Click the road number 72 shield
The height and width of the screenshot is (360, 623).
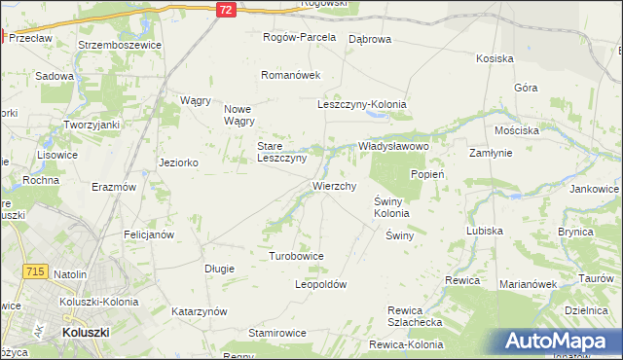pos(226,9)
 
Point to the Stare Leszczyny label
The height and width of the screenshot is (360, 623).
pos(282,152)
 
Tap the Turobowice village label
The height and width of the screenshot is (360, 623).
pos(296,256)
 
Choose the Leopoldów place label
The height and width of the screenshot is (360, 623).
pos(320,285)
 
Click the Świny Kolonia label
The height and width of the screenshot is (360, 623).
pos(391,207)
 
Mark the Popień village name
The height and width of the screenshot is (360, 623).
pos(427,174)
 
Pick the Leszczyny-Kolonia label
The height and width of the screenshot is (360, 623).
pos(362,104)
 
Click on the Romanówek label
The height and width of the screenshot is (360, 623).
pos(290,75)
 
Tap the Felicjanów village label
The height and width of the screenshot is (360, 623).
pos(149,234)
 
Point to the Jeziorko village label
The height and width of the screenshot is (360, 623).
pos(178,162)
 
